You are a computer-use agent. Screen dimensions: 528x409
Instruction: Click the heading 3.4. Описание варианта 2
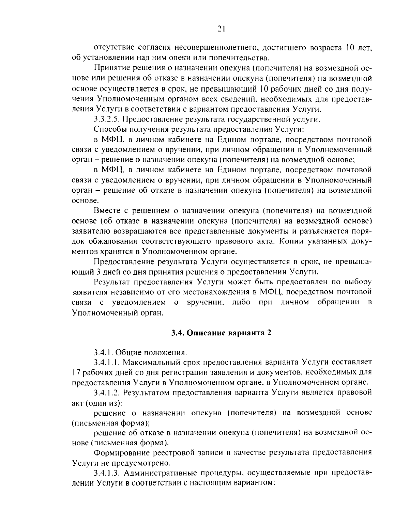(x=221, y=333)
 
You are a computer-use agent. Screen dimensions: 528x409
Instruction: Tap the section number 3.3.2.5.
(x=106, y=119)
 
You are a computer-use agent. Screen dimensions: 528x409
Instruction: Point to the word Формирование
(x=117, y=453)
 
